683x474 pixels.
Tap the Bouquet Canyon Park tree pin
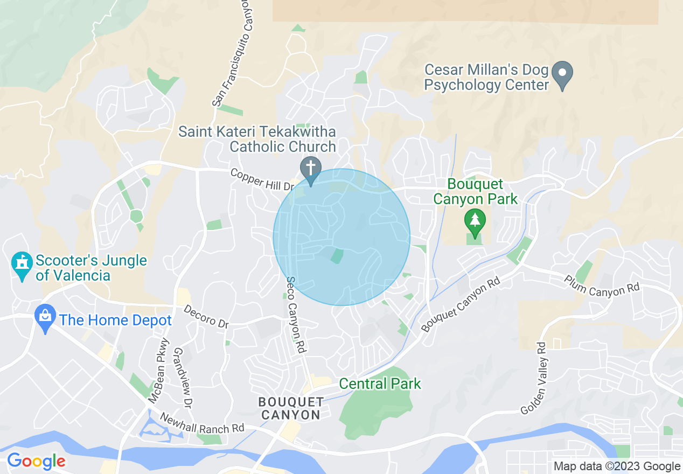click(x=475, y=221)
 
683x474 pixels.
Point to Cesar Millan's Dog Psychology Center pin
click(x=562, y=74)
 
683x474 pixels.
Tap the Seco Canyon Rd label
click(x=296, y=315)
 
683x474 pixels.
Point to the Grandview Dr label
click(x=184, y=377)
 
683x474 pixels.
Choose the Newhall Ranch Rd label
click(x=203, y=423)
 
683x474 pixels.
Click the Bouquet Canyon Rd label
click(x=461, y=304)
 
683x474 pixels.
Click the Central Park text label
click(x=380, y=384)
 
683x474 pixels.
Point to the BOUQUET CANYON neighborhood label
click(x=291, y=408)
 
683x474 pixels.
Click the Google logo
click(x=36, y=462)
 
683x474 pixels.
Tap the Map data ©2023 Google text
click(x=617, y=466)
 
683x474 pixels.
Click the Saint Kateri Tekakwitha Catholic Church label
click(x=257, y=139)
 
